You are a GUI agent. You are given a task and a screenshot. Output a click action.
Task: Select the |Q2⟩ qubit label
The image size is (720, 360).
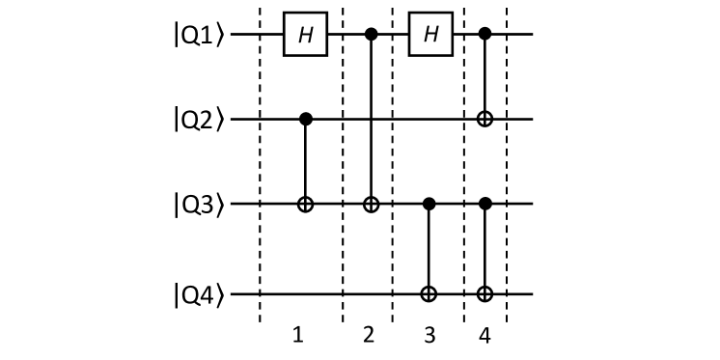point(198,120)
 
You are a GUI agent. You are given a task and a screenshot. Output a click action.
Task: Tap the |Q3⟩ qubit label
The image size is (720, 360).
point(198,205)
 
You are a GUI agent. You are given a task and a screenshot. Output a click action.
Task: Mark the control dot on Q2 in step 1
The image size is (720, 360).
point(305,120)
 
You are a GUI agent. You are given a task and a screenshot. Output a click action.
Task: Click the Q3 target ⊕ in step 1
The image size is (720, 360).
point(305,205)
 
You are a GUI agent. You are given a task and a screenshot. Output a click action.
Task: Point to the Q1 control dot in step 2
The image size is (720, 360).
point(369,35)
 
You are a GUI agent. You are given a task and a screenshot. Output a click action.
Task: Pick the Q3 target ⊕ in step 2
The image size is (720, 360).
point(369,205)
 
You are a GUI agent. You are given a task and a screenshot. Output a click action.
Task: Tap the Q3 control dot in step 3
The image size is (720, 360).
point(429,205)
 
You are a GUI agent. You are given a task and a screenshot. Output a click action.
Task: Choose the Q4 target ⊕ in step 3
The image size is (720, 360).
point(429,291)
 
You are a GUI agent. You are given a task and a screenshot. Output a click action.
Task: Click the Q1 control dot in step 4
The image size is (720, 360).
point(485,35)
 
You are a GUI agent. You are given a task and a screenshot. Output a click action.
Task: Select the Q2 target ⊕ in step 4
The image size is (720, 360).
point(485,120)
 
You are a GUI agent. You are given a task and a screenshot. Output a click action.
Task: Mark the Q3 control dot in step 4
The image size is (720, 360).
point(485,205)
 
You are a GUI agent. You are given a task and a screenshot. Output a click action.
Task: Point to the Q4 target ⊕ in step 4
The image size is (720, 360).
point(485,291)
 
